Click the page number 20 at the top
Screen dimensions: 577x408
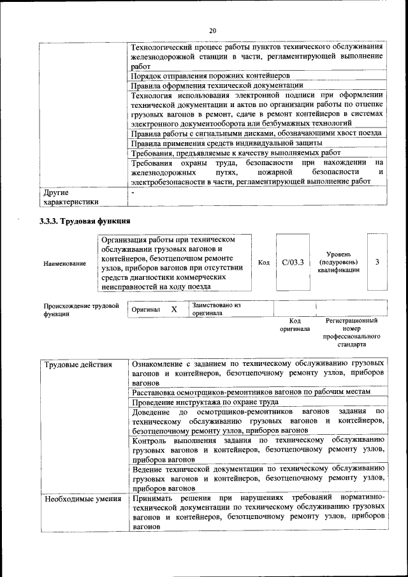pyautogui.click(x=212, y=31)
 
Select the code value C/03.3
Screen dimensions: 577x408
pyautogui.click(x=293, y=262)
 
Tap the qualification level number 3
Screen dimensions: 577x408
pyautogui.click(x=377, y=262)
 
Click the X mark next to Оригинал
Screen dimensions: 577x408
pyautogui.click(x=173, y=309)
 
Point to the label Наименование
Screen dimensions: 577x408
pyautogui.click(x=65, y=263)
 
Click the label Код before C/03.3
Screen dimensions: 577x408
pyautogui.click(x=264, y=262)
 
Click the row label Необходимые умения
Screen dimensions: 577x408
pyautogui.click(x=83, y=499)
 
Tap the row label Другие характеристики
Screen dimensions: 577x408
pyautogui.click(x=70, y=197)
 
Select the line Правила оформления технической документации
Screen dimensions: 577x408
pyautogui.click(x=216, y=85)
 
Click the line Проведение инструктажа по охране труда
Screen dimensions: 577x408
pyautogui.click(x=205, y=402)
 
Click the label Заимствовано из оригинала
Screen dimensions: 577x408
pyautogui.click(x=215, y=309)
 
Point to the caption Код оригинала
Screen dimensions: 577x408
pyautogui.click(x=295, y=325)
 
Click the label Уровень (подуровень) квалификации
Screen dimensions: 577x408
pyautogui.click(x=338, y=262)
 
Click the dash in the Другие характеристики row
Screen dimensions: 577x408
pyautogui.click(x=133, y=192)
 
